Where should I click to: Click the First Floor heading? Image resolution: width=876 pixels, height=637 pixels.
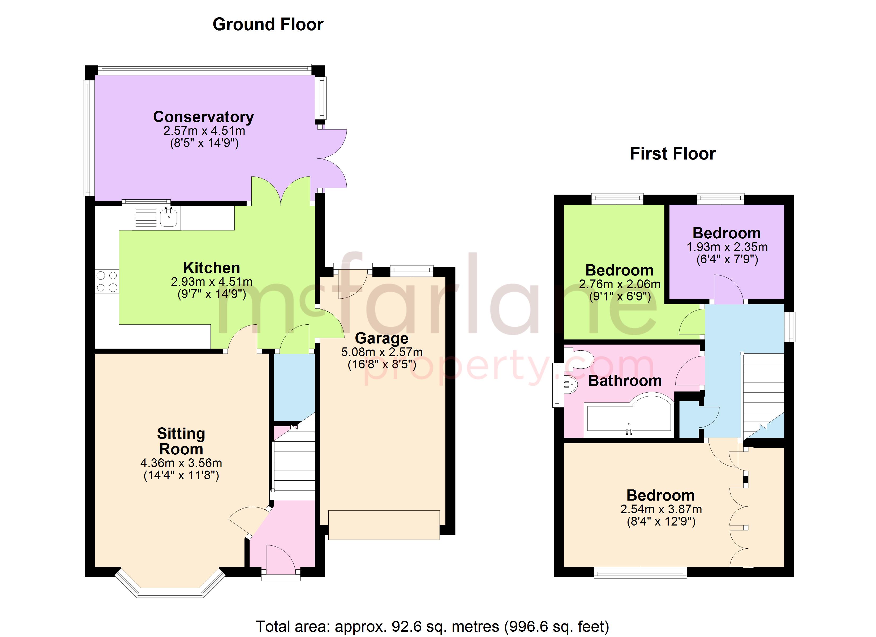[x=672, y=154]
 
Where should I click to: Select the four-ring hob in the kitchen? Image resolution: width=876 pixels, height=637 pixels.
[x=107, y=282]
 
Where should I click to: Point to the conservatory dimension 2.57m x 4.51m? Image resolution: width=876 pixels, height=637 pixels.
[x=204, y=131]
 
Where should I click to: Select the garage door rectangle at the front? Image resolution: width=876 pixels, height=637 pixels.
[x=384, y=524]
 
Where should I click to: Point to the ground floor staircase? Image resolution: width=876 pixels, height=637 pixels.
[x=294, y=464]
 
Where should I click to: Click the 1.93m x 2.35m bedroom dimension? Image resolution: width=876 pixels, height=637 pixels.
[x=727, y=247]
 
